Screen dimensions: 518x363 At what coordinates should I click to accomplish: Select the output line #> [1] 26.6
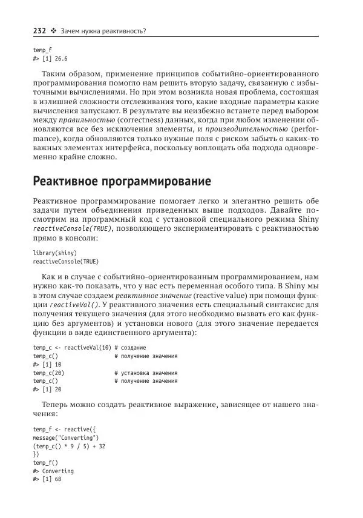pyautogui.click(x=50, y=59)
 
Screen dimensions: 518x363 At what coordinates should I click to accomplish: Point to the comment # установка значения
pyautogui.click(x=146, y=373)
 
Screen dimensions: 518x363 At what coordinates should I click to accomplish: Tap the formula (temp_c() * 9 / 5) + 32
pyautogui.click(x=69, y=445)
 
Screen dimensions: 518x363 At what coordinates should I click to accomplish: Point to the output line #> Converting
pyautogui.click(x=53, y=471)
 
